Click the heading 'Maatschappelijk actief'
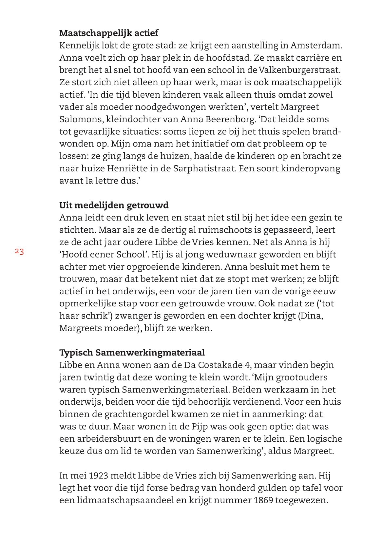(x=109, y=33)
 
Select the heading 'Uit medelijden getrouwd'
(x=114, y=205)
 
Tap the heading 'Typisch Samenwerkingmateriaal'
(x=132, y=353)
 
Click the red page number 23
(x=19, y=252)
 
